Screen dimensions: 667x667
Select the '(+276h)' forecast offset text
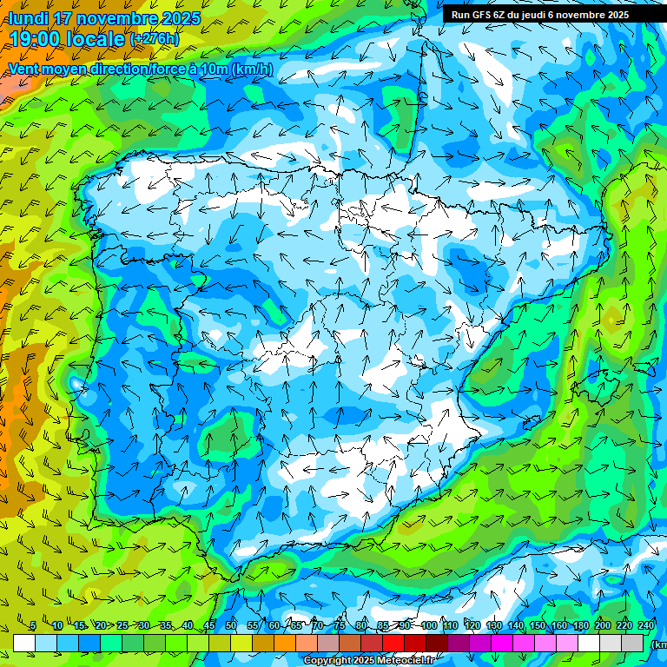[155, 39]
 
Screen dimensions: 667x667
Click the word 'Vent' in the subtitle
[26, 69]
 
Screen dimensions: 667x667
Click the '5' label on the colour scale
[33, 626]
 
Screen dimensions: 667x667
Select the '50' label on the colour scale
[230, 626]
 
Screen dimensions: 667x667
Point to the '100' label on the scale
[429, 626]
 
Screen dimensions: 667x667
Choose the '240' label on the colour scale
[646, 626]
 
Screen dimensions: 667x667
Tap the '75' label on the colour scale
[339, 626]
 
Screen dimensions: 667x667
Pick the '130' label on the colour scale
[494, 626]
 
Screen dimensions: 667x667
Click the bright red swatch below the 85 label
[393, 643]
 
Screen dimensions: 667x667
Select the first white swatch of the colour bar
[24, 643]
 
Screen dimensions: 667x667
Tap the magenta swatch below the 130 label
[502, 643]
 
